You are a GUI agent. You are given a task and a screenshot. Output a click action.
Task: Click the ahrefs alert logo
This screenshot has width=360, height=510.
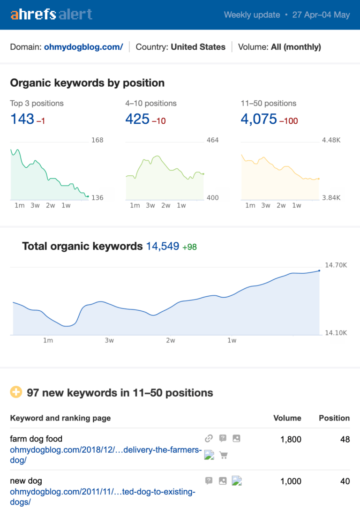(52, 15)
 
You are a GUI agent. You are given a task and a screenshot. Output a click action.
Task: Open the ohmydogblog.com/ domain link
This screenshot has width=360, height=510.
(83, 47)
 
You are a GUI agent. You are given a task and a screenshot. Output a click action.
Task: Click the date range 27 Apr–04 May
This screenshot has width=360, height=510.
(321, 15)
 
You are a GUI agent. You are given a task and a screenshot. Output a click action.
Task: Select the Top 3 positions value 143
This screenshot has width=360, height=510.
(22, 119)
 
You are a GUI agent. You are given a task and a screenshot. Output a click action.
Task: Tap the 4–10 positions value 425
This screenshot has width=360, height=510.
(137, 119)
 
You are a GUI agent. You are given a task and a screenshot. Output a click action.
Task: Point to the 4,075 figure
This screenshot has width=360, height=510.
(259, 119)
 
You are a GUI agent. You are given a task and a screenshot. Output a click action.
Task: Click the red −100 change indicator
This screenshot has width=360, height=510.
(289, 121)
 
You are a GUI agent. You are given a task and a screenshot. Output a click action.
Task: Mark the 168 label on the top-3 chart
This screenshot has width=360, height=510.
(97, 140)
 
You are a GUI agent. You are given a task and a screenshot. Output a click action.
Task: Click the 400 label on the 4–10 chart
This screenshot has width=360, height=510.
(213, 198)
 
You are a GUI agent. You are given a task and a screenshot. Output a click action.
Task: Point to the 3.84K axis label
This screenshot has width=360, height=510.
(331, 198)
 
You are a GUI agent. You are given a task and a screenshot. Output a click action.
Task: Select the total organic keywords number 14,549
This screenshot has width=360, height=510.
(163, 246)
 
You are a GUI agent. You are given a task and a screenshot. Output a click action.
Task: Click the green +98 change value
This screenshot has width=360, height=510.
(190, 247)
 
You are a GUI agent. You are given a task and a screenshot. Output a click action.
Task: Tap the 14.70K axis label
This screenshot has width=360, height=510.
(336, 265)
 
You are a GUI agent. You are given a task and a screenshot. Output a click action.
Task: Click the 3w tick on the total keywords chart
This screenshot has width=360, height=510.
(109, 340)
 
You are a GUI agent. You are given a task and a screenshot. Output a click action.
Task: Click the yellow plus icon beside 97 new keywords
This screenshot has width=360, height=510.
(16, 392)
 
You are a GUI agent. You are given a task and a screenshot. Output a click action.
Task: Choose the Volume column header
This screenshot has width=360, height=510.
(287, 418)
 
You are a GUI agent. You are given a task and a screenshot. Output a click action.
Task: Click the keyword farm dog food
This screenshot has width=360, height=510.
(36, 439)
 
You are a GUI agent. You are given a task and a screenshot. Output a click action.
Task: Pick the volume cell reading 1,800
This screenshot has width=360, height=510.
(291, 439)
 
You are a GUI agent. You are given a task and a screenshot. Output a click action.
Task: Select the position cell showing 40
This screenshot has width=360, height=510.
(345, 481)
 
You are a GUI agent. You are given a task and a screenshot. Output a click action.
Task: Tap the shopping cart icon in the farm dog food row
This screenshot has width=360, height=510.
(223, 455)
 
